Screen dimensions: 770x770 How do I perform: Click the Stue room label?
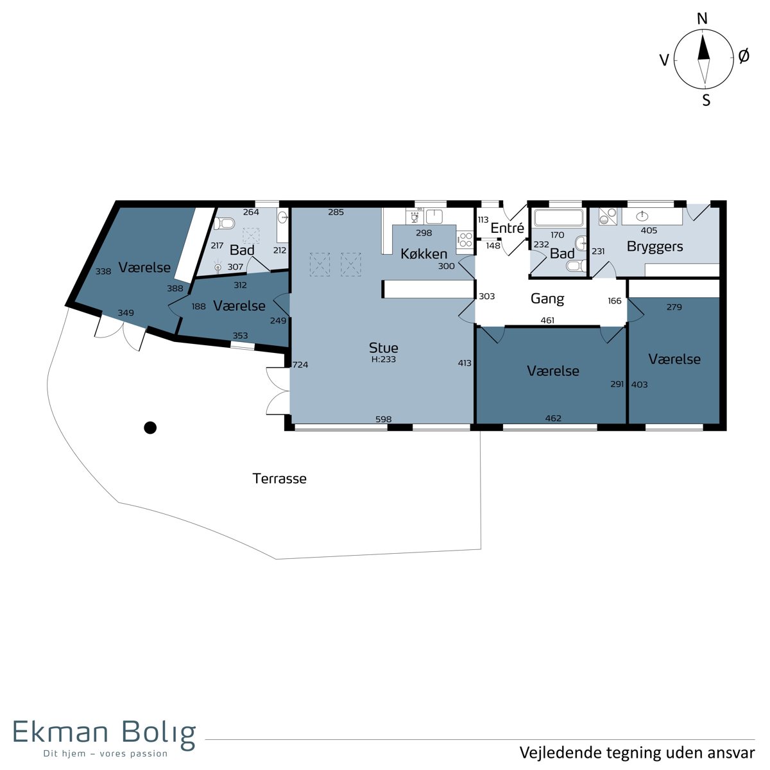tap(383, 348)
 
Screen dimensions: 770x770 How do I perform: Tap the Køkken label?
tap(424, 253)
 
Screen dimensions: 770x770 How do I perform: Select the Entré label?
tap(507, 228)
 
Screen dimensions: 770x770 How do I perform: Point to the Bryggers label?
tap(654, 246)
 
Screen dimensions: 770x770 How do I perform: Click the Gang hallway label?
tap(547, 298)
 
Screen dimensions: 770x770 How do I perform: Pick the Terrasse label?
tap(279, 478)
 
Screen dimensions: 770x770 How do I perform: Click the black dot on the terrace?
tap(150, 428)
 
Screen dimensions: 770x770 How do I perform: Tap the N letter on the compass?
tap(702, 19)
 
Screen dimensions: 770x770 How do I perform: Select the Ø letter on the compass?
tap(744, 56)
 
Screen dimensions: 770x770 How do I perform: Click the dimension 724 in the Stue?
tap(300, 364)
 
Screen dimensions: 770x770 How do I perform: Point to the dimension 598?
tap(383, 419)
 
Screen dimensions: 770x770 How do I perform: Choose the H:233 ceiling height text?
tap(383, 359)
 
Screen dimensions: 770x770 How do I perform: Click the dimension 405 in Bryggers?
tap(649, 230)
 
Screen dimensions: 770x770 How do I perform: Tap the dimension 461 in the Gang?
tap(547, 320)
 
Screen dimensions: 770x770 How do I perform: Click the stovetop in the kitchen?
tap(465, 240)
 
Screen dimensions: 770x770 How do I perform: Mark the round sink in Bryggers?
tap(642, 216)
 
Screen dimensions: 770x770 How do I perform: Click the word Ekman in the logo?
tap(61, 732)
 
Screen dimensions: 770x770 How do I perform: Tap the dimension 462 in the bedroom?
tap(553, 418)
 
